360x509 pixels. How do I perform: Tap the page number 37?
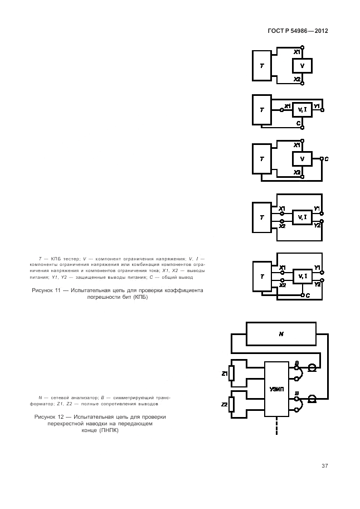coord(324,466)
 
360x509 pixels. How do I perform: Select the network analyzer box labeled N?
coord(281,334)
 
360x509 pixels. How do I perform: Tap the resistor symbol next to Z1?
coord(231,373)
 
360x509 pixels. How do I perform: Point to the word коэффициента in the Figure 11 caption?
coord(186,290)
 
